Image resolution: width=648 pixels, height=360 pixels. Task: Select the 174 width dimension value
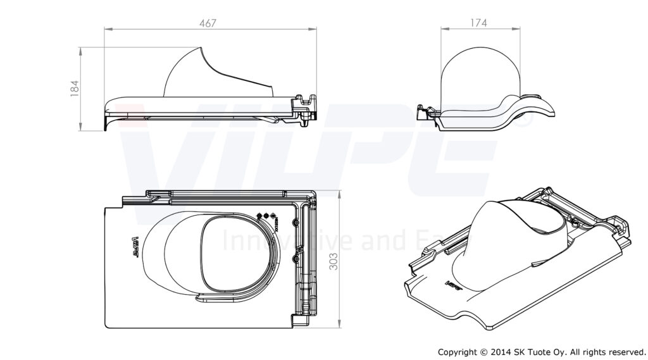coord(478,23)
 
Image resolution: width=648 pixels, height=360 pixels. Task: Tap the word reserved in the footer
coord(624,351)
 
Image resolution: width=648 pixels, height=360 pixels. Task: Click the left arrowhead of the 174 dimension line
coord(443,28)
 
